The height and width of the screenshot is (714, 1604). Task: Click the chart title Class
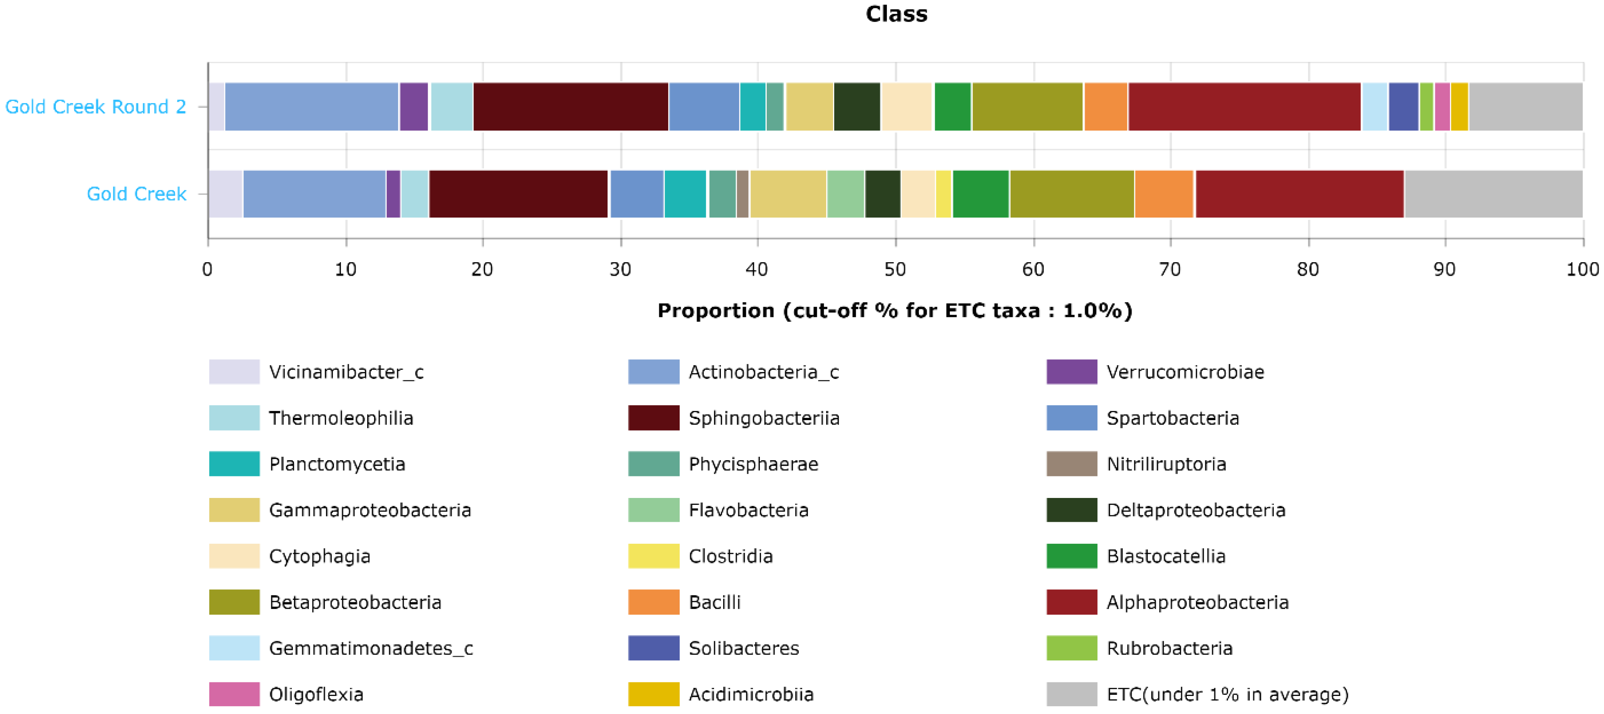click(896, 14)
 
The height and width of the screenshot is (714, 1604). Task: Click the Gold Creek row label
click(136, 194)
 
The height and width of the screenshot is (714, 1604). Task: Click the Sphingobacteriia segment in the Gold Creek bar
click(518, 194)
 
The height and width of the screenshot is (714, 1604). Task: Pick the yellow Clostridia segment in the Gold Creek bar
click(943, 194)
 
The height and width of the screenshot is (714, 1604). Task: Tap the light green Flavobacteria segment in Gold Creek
click(846, 194)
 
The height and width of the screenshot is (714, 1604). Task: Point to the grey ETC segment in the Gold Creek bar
click(1493, 194)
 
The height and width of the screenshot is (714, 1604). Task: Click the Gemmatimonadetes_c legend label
click(371, 648)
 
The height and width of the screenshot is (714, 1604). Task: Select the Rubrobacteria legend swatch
click(1072, 648)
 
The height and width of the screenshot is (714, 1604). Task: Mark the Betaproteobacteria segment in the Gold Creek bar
click(1072, 194)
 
